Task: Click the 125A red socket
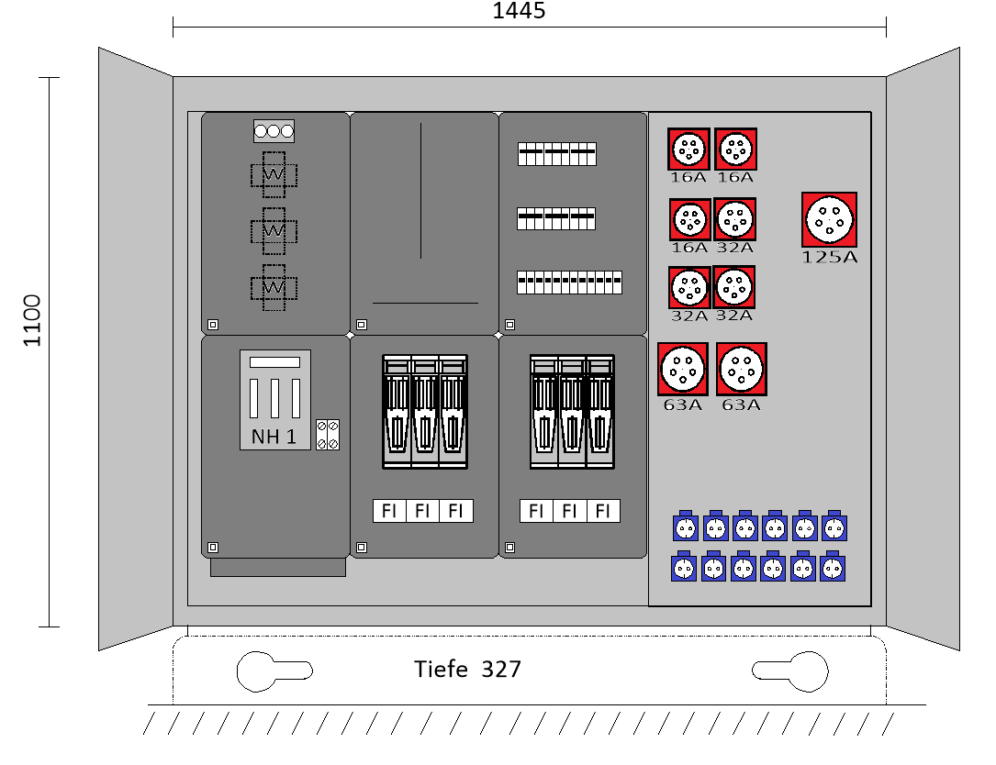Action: tap(829, 219)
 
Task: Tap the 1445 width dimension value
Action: tap(519, 11)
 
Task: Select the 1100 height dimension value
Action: tap(33, 320)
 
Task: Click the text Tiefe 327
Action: tap(467, 670)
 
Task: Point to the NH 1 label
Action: tap(274, 437)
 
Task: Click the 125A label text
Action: tap(829, 257)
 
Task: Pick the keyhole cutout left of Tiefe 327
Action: tap(273, 671)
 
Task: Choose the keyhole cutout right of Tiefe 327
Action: tap(790, 671)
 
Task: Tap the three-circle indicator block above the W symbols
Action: tap(274, 131)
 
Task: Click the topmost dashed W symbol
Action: tap(274, 174)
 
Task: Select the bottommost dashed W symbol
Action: tap(274, 287)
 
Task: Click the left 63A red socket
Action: tap(682, 369)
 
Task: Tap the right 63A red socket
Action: tap(741, 369)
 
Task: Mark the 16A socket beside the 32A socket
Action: tap(689, 220)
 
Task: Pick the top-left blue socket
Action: tap(685, 527)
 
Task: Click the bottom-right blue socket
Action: tap(834, 568)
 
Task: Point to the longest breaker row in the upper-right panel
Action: tap(569, 283)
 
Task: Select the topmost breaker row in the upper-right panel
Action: tap(556, 154)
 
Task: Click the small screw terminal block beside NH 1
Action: tap(328, 435)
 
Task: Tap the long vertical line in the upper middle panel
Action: tap(420, 191)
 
